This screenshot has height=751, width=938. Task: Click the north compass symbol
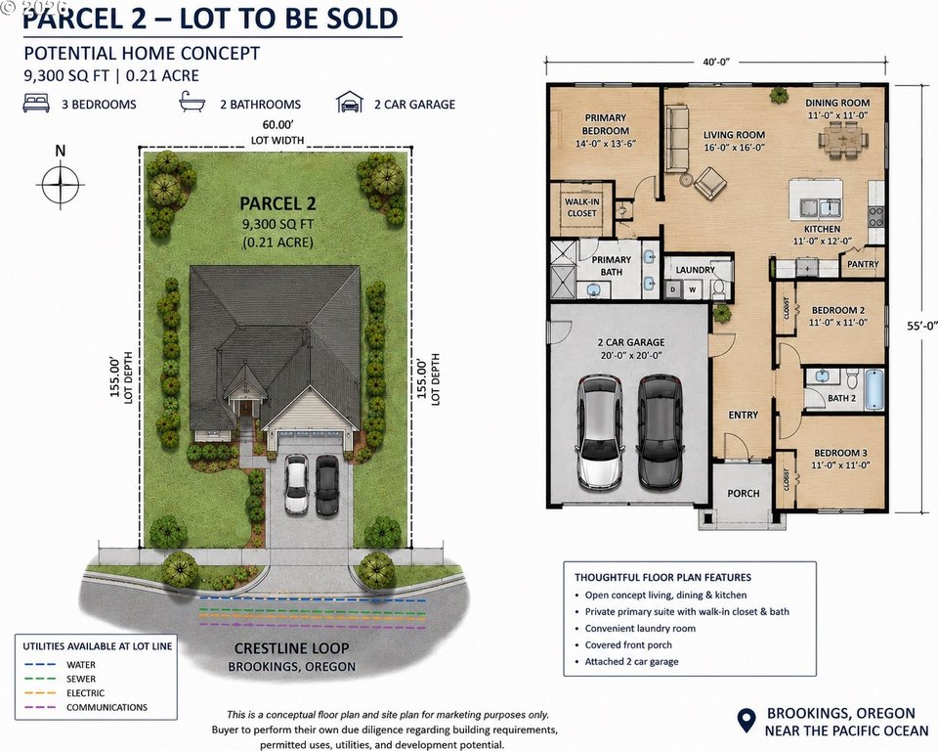pyautogui.click(x=61, y=184)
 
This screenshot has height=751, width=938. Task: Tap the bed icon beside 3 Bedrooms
pyautogui.click(x=36, y=103)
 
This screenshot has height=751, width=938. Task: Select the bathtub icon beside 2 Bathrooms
pyautogui.click(x=192, y=103)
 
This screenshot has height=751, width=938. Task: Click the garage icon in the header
pyautogui.click(x=350, y=103)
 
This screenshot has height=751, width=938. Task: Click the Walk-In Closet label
pyautogui.click(x=581, y=207)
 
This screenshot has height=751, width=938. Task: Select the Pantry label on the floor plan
pyautogui.click(x=863, y=264)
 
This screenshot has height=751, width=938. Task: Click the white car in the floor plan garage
pyautogui.click(x=599, y=431)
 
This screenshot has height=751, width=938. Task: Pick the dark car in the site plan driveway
pyautogui.click(x=326, y=486)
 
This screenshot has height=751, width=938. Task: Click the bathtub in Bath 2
pyautogui.click(x=874, y=389)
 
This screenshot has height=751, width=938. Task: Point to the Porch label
pyautogui.click(x=743, y=494)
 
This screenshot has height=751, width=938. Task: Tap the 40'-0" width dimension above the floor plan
pyautogui.click(x=716, y=62)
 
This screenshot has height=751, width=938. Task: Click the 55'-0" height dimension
pyautogui.click(x=921, y=326)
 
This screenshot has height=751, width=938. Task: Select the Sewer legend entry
pyautogui.click(x=60, y=680)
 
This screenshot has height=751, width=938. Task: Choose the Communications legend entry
pyautogui.click(x=86, y=707)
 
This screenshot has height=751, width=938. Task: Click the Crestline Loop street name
pyautogui.click(x=291, y=648)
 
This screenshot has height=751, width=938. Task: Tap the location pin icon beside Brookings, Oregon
pyautogui.click(x=746, y=721)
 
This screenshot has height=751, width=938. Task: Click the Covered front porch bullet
pyautogui.click(x=628, y=645)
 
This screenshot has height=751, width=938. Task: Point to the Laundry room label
pyautogui.click(x=695, y=270)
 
